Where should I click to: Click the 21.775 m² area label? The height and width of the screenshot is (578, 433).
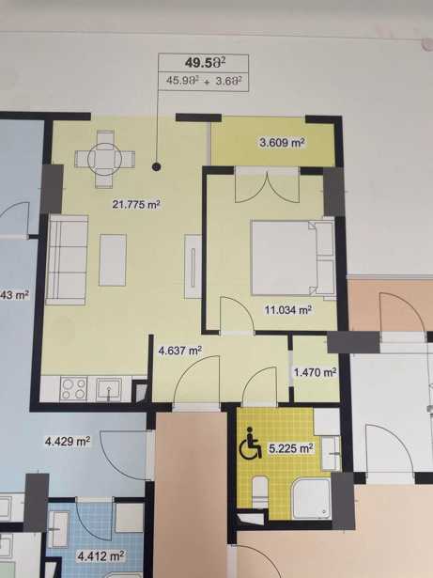pyautogui.click(x=136, y=204)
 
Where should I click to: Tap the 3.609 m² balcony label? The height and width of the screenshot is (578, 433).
pyautogui.click(x=283, y=142)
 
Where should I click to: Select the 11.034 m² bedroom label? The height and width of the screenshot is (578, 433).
pyautogui.click(x=288, y=309)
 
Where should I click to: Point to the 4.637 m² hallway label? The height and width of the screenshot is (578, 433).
pyautogui.click(x=179, y=351)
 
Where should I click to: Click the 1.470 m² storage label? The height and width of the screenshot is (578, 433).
pyautogui.click(x=315, y=372)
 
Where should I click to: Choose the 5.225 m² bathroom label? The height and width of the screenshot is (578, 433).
pyautogui.click(x=291, y=448)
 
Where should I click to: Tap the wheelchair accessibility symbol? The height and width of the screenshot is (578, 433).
pyautogui.click(x=251, y=443)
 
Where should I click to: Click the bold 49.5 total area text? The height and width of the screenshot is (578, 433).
pyautogui.click(x=205, y=63)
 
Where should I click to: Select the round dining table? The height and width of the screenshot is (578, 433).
pyautogui.click(x=104, y=159)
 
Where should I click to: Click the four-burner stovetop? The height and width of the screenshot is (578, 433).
pyautogui.click(x=73, y=388)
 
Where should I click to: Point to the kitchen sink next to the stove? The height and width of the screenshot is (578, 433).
pyautogui.click(x=109, y=389)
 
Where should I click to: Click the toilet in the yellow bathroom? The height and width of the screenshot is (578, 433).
pyautogui.click(x=260, y=492)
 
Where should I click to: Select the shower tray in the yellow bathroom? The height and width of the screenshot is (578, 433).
pyautogui.click(x=312, y=498)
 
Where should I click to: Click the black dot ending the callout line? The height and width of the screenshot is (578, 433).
pyautogui.click(x=157, y=167)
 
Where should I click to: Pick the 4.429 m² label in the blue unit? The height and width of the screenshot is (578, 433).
pyautogui.click(x=68, y=441)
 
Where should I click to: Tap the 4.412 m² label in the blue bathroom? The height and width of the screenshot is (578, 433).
pyautogui.click(x=100, y=555)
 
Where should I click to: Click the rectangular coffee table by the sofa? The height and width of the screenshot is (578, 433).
pyautogui.click(x=113, y=260)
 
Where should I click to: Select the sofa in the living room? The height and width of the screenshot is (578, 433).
pyautogui.click(x=68, y=260)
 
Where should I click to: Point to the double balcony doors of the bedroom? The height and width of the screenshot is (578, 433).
pyautogui.click(x=267, y=185)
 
